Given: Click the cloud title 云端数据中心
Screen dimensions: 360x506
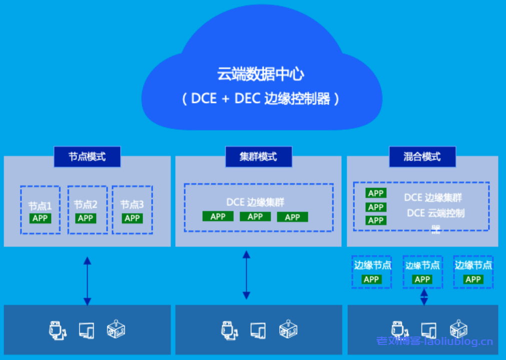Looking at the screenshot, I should coord(260,74).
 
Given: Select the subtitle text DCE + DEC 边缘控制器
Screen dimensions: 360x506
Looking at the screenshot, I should coord(260,98).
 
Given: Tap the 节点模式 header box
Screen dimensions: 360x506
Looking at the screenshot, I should coord(87,156).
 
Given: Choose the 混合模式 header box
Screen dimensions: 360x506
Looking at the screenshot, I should coord(422,156).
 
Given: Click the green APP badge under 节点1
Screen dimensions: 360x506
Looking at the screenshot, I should coord(40,218).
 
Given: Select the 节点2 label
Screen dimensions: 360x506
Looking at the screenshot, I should coord(86,204).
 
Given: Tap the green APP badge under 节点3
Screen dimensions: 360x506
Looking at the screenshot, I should coord(132,218).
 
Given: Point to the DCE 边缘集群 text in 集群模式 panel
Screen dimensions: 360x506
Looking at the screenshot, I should coord(256,202).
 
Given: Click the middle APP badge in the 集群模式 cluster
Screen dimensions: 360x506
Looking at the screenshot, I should coord(255,216).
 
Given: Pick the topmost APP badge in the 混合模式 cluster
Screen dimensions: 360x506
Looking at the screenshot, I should coord(375,193).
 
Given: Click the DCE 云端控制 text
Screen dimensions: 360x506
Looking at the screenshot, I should coord(435,213).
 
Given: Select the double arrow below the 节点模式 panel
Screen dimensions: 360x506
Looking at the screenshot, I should coord(87,281).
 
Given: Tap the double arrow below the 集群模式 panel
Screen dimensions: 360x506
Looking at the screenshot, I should coord(246,275).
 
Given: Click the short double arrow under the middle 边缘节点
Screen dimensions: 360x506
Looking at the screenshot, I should coord(424,297).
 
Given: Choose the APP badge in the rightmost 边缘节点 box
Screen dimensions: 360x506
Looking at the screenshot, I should coord(473,279).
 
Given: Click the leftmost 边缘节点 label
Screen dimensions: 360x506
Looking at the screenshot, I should coord(372,265).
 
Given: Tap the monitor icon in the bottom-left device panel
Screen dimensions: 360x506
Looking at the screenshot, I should coord(87,330).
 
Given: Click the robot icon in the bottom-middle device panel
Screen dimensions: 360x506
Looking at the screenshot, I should coord(288,329).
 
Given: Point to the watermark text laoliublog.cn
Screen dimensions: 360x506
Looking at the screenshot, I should coord(458,342).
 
